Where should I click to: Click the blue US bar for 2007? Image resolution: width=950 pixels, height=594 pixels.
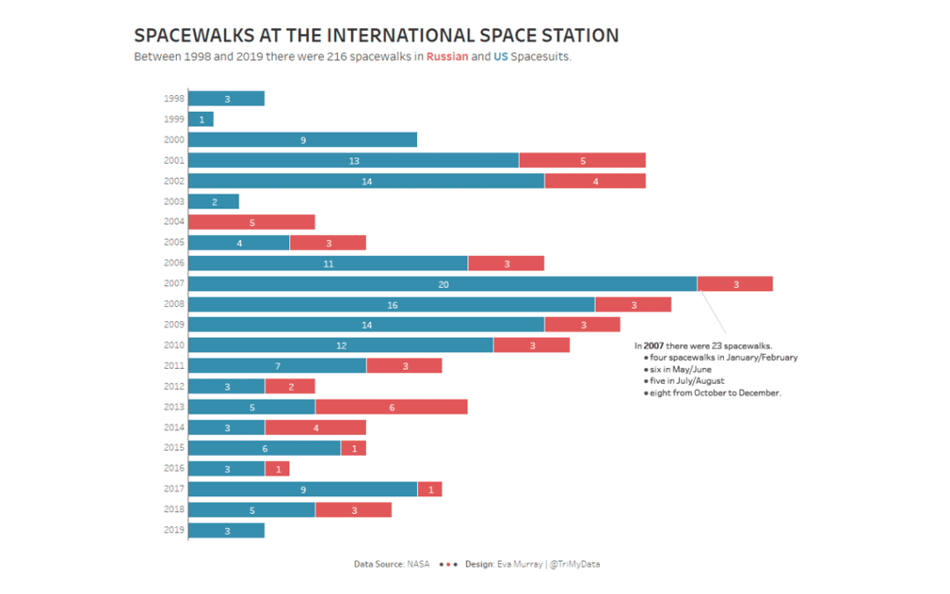(x=442, y=283)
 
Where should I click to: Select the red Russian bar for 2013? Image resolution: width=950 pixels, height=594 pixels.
(x=391, y=407)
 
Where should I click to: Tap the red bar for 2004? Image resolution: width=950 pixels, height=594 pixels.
(x=252, y=222)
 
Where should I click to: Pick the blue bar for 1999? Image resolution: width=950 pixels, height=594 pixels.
(x=201, y=119)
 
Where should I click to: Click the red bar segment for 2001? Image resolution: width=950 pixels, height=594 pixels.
(x=582, y=160)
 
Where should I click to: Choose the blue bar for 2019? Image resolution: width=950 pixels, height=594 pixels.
(x=226, y=530)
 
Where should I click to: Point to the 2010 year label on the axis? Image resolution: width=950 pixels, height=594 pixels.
(x=173, y=345)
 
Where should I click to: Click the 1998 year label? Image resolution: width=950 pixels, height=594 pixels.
(x=173, y=99)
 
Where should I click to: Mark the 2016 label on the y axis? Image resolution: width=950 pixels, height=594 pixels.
(x=173, y=468)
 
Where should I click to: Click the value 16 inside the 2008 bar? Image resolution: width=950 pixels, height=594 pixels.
(x=392, y=304)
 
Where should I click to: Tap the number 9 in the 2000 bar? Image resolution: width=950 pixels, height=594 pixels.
(x=303, y=140)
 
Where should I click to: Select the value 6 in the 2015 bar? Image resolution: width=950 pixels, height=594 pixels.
(x=265, y=448)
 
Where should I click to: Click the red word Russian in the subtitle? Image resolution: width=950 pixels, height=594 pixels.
(x=447, y=57)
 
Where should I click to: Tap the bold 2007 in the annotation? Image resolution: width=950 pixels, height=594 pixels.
(x=654, y=346)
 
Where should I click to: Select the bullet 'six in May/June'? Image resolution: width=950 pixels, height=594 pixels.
(x=679, y=369)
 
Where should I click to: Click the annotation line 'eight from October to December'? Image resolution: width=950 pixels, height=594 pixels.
(x=714, y=392)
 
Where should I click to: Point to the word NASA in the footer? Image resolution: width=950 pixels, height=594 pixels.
(x=418, y=564)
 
